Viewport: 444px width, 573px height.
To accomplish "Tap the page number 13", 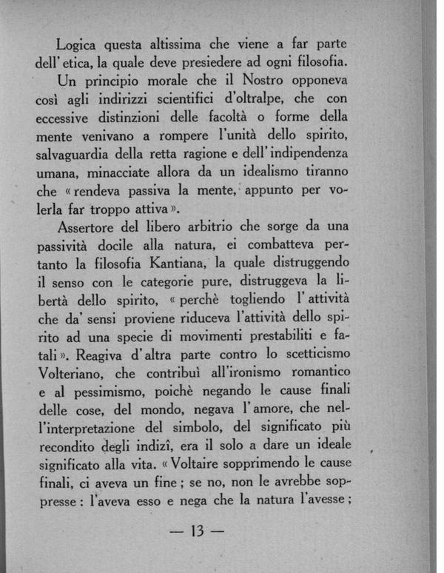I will tap(197, 532).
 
